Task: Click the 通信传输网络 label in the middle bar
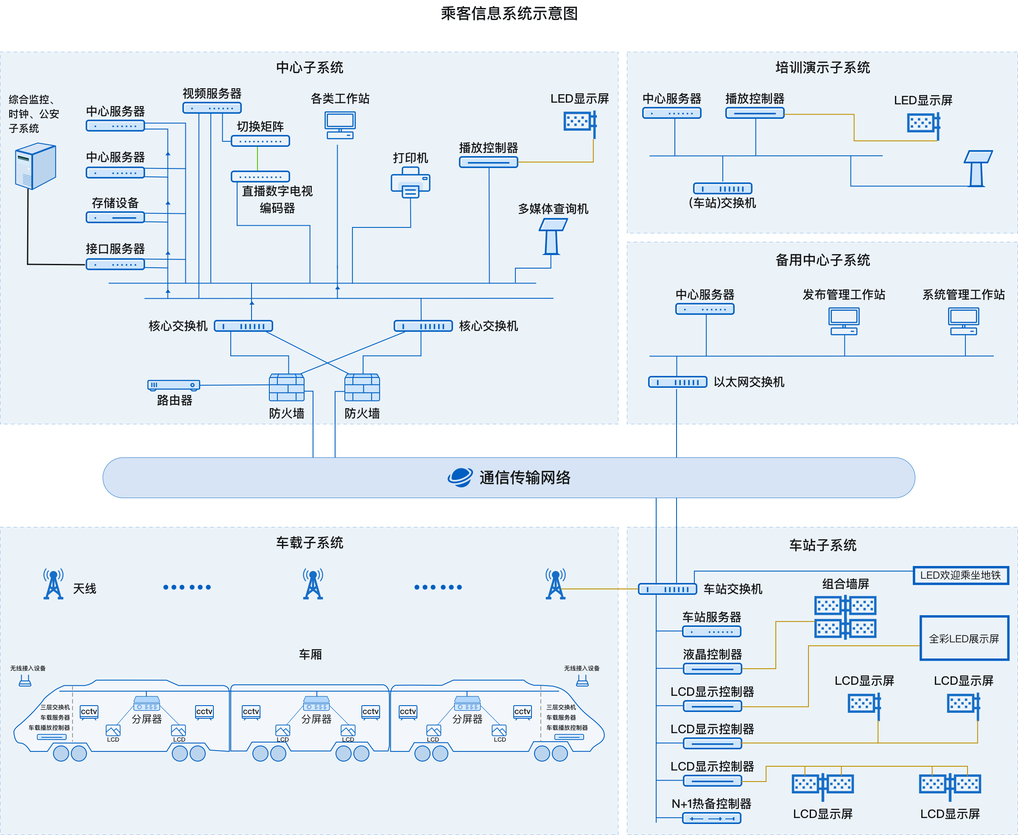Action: [x=525, y=478]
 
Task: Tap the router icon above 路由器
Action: [x=174, y=385]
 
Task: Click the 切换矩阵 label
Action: [x=260, y=126]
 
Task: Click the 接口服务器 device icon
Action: [x=116, y=265]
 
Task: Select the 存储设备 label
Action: [x=115, y=203]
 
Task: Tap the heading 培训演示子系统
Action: [x=822, y=68]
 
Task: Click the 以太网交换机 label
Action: [x=749, y=382]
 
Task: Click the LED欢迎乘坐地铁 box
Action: [x=960, y=575]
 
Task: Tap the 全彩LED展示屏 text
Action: [x=964, y=639]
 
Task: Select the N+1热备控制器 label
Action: [x=711, y=804]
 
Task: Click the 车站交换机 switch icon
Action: [x=668, y=589]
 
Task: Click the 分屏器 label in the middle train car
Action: [x=316, y=719]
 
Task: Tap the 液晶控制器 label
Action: [x=712, y=654]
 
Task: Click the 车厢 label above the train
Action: [x=310, y=654]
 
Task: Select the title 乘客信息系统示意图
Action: [x=509, y=14]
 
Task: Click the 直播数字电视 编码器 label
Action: [x=277, y=199]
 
